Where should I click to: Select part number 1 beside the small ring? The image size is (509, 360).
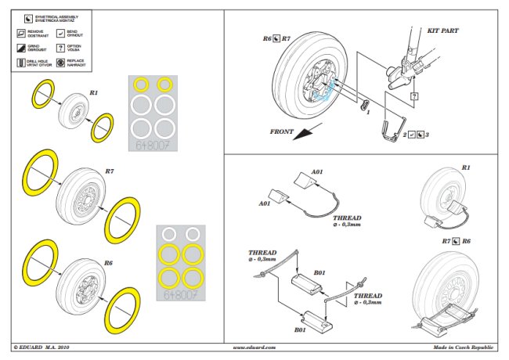coord(366,112)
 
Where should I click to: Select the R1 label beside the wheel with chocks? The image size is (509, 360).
coord(465,167)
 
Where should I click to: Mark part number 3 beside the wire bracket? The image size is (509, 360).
coord(428,135)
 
